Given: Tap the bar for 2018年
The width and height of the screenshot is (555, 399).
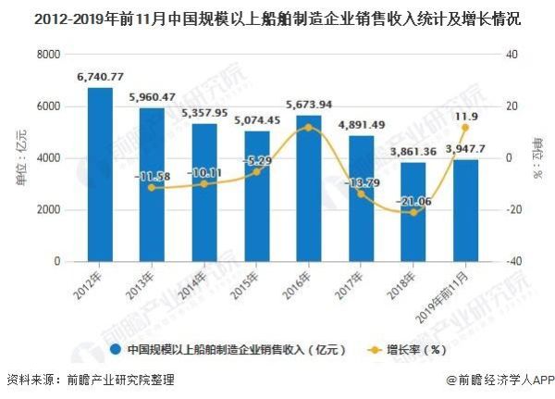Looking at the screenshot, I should point(413,212).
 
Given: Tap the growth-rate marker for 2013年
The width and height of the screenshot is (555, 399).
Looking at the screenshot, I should point(152,188).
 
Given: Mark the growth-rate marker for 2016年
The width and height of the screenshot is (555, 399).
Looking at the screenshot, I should point(309,127).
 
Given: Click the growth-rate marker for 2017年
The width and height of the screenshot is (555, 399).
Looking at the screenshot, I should point(362,193).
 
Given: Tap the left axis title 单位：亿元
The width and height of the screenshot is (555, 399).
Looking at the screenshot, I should point(21,158).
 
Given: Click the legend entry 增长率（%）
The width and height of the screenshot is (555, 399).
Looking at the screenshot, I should point(417,350).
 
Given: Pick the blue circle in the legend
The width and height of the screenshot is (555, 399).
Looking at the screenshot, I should point(116,350).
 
